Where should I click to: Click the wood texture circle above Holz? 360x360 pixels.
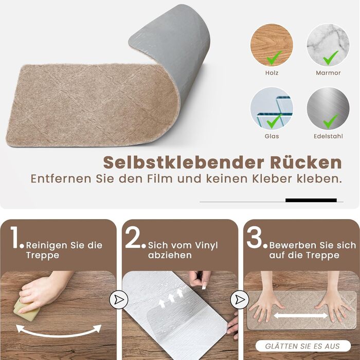[x=272, y=45]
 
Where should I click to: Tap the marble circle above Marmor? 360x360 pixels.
[x=328, y=45]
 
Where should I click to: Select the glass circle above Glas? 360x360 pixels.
[x=272, y=109]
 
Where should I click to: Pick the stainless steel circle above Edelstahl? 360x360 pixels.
[x=328, y=109]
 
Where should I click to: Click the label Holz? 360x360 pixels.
[x=272, y=73]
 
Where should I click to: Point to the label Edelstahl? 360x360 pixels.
[x=328, y=136]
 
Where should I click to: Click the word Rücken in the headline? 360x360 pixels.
[x=306, y=163]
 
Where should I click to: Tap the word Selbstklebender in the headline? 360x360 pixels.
[x=184, y=163]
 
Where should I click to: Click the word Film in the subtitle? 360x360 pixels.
[x=160, y=179]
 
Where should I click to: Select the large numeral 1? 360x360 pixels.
[x=15, y=238]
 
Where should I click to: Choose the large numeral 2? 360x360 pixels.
[x=133, y=238]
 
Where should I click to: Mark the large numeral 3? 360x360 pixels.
[x=255, y=238]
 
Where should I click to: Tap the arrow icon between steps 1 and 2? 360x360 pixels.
[x=119, y=300]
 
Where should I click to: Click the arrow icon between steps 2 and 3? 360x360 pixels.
[x=240, y=300]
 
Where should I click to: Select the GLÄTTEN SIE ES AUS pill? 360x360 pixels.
[x=303, y=346]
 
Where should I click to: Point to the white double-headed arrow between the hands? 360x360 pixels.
[x=301, y=316]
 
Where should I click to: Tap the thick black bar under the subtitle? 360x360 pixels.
[x=311, y=200]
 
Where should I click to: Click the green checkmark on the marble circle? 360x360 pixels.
[x=331, y=58]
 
